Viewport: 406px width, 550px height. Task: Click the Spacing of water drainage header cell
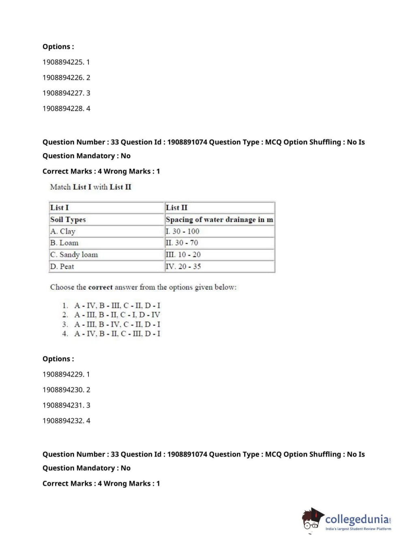(x=219, y=219)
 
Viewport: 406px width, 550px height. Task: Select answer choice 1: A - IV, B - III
(x=117, y=305)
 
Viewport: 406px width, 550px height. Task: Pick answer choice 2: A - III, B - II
(x=117, y=315)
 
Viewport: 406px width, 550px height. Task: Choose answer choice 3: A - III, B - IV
(x=117, y=324)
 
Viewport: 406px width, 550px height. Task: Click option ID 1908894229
(x=66, y=374)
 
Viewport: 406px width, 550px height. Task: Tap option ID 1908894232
(x=66, y=421)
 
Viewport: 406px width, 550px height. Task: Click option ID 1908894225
(x=66, y=62)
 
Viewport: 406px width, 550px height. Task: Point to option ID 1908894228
(x=66, y=108)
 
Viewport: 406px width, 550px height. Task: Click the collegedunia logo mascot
(x=312, y=519)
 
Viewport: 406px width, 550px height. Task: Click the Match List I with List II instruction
(x=91, y=187)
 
